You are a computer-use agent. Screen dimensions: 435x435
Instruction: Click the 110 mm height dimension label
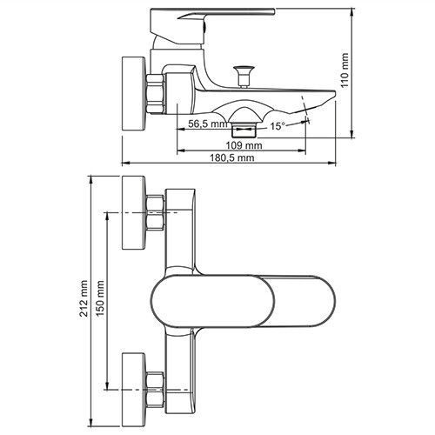coord(345,70)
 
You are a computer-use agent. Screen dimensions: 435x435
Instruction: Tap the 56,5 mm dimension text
coord(208,124)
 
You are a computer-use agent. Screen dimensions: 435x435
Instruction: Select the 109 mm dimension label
coord(244,145)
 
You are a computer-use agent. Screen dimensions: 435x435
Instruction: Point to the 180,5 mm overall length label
coord(232,157)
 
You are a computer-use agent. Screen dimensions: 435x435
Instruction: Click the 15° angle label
coord(278,126)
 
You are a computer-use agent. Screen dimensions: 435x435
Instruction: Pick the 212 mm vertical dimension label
coord(84,298)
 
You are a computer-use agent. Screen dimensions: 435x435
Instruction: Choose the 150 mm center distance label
coord(101,298)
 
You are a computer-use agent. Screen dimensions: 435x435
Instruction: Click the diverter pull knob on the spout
coord(244,77)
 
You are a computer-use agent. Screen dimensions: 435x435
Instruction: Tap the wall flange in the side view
coord(133,94)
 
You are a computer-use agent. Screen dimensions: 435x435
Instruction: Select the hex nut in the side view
coord(155,94)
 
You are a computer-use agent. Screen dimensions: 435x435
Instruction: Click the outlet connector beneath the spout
coord(244,130)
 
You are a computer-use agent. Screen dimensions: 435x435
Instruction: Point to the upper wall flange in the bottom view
coord(133,212)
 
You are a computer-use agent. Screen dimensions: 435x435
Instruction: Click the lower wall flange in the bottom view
coord(133,390)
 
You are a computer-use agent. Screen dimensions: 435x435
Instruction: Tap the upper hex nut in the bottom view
coord(155,213)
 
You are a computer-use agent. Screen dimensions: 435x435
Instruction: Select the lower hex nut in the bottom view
coord(155,390)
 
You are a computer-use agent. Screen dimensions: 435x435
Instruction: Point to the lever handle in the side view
coord(212,26)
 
